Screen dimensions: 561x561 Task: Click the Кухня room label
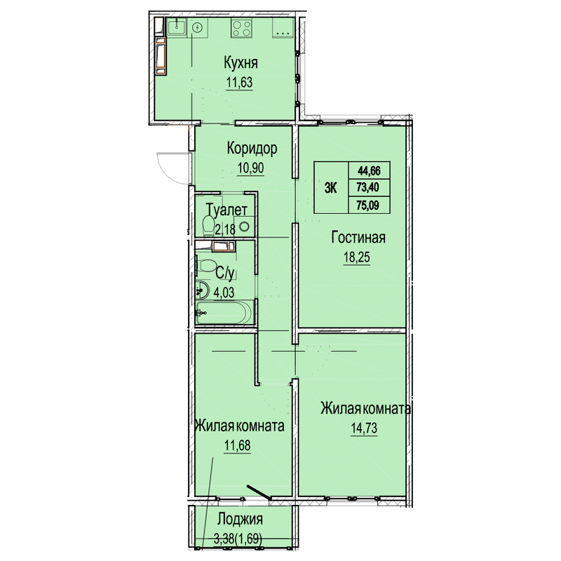tap(241, 62)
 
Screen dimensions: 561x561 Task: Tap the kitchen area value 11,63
tap(239, 82)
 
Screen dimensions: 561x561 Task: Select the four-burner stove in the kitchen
tap(241, 28)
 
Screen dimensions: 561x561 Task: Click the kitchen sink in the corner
tap(177, 27)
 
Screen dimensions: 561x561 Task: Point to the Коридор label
tap(252, 148)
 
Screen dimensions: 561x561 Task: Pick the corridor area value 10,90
tap(251, 168)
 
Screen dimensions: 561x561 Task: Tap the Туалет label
tap(227, 210)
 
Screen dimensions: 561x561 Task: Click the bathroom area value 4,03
tap(224, 292)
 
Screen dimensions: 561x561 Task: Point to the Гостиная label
tap(358, 237)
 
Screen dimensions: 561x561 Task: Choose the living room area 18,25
tap(357, 257)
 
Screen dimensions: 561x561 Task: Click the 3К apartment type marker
tap(331, 188)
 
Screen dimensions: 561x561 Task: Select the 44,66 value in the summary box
tap(370, 170)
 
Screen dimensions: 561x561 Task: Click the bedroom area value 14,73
tap(364, 428)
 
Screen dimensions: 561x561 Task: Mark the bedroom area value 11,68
tap(238, 445)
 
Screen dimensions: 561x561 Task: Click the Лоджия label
tap(240, 519)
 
